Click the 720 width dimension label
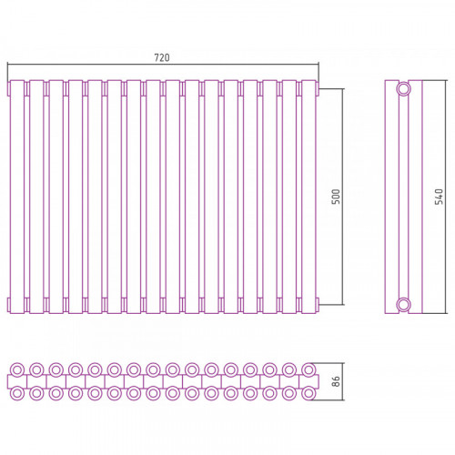click(x=162, y=57)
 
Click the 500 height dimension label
click(x=336, y=197)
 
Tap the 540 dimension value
click(x=439, y=197)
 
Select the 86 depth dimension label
click(x=336, y=381)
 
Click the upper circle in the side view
click(x=403, y=89)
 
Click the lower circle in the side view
click(x=403, y=304)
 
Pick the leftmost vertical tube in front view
click(x=17, y=197)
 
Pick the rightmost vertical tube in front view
click(x=308, y=197)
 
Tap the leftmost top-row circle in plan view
click(x=17, y=369)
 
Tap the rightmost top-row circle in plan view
click(x=308, y=369)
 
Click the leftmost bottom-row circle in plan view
click(x=17, y=393)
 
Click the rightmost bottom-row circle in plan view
click(x=308, y=393)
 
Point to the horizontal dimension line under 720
click(x=163, y=65)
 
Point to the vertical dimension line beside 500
click(x=343, y=197)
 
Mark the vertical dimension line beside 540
click(x=446, y=197)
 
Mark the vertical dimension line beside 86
click(x=343, y=381)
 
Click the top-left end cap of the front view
click(x=9, y=88)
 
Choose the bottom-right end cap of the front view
click(x=318, y=304)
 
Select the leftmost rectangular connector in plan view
click(x=17, y=381)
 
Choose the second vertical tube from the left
click(x=36, y=197)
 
